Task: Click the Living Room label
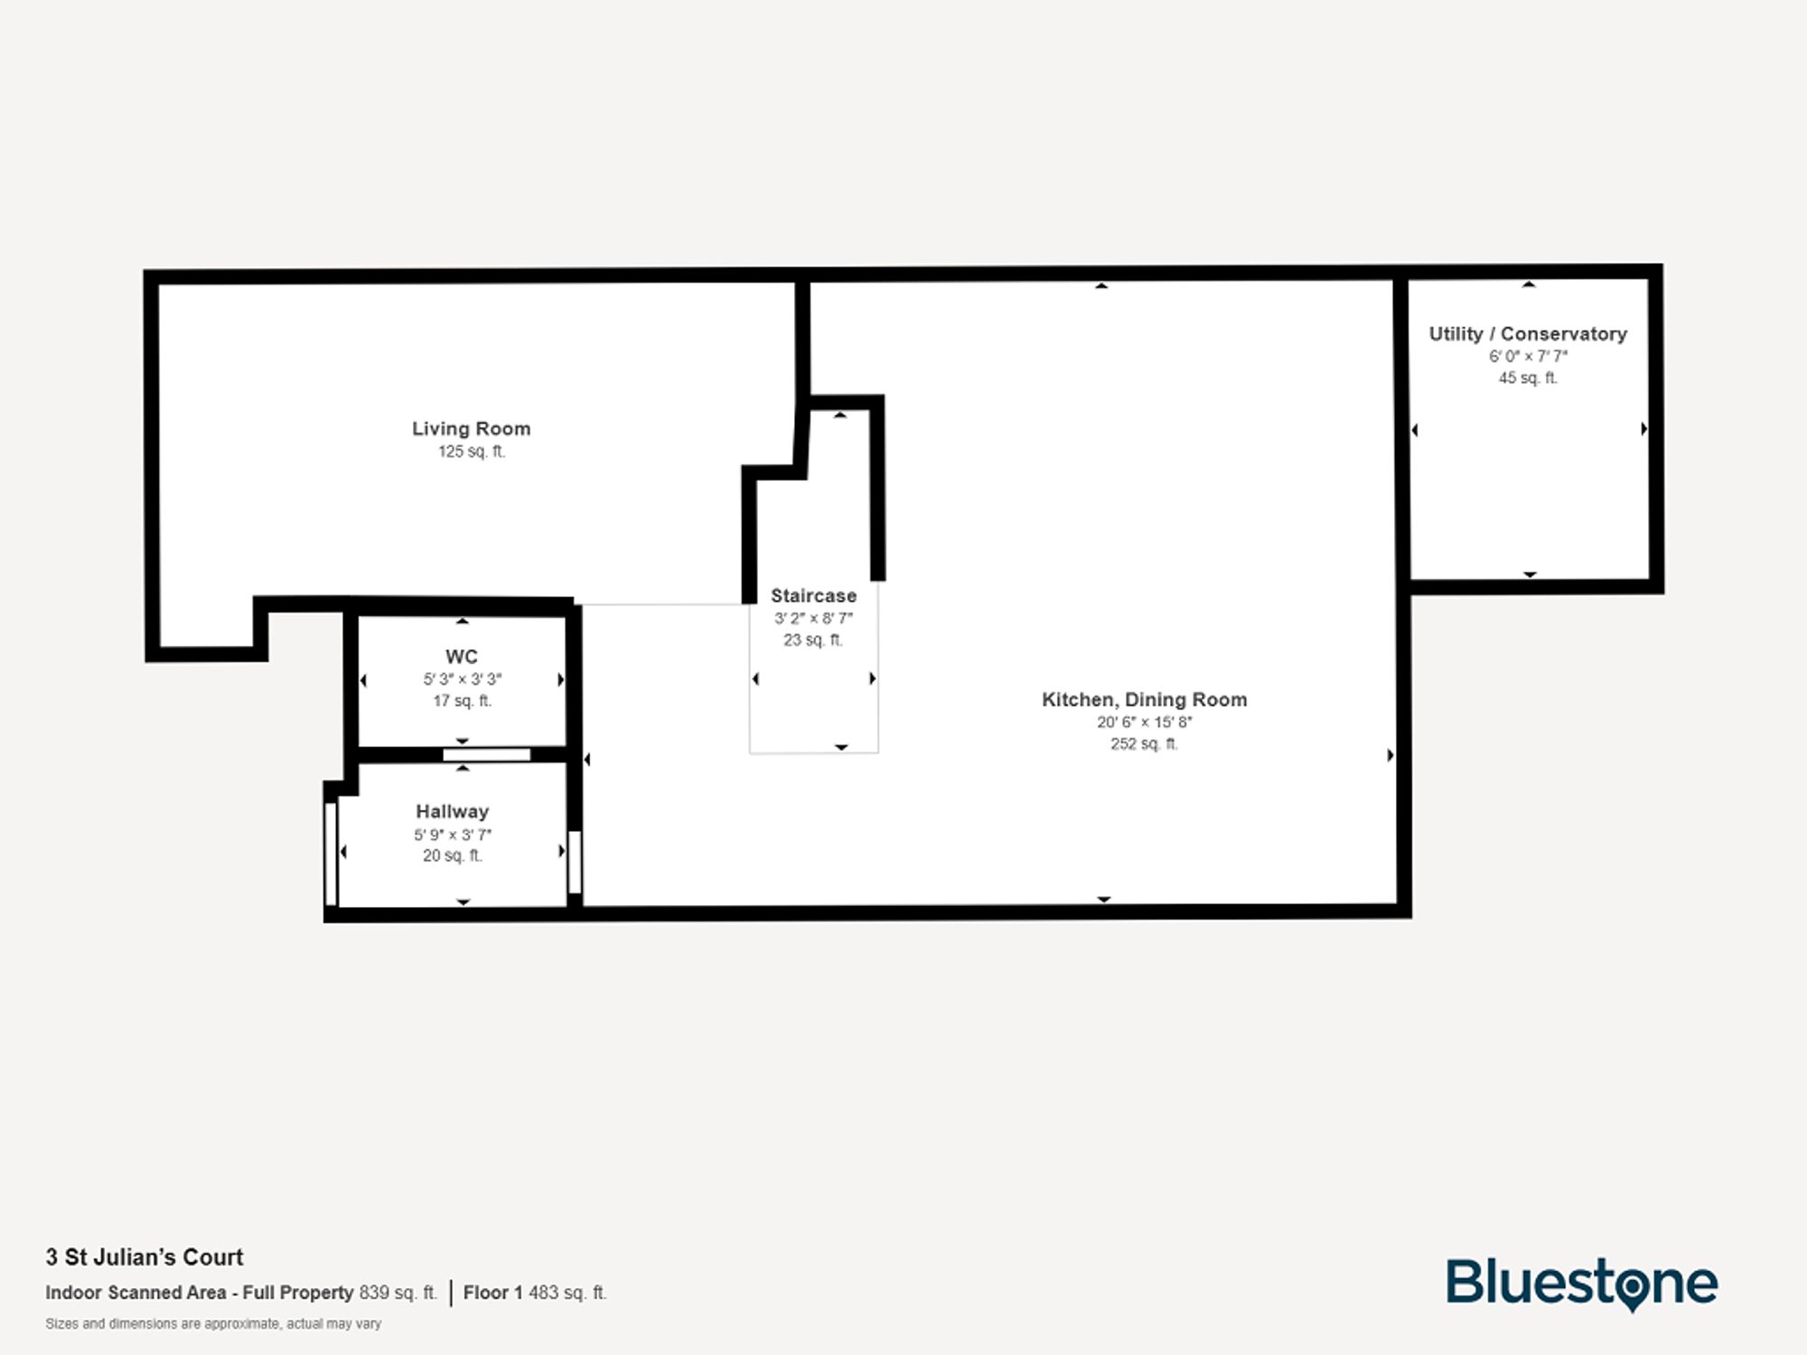(x=471, y=429)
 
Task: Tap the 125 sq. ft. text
(x=471, y=452)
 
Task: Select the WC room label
(x=461, y=657)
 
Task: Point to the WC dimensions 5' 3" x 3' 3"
(x=462, y=679)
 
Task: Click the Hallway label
(x=452, y=811)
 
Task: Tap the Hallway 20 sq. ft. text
(x=452, y=855)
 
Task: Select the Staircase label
(x=813, y=596)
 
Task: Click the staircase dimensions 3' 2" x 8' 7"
(x=813, y=619)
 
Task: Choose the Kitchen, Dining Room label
(x=1144, y=699)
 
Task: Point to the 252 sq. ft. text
(x=1144, y=744)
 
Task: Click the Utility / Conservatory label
(x=1527, y=334)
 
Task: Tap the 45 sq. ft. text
(x=1527, y=378)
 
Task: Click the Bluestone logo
(x=1581, y=1284)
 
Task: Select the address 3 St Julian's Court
(x=145, y=1257)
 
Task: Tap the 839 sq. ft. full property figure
(x=398, y=1293)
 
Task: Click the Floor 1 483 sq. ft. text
(x=535, y=1293)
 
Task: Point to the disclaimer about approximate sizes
(x=213, y=1324)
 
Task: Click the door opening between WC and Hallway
(x=486, y=754)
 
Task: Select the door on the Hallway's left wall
(x=331, y=853)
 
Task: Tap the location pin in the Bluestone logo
(x=1632, y=1287)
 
